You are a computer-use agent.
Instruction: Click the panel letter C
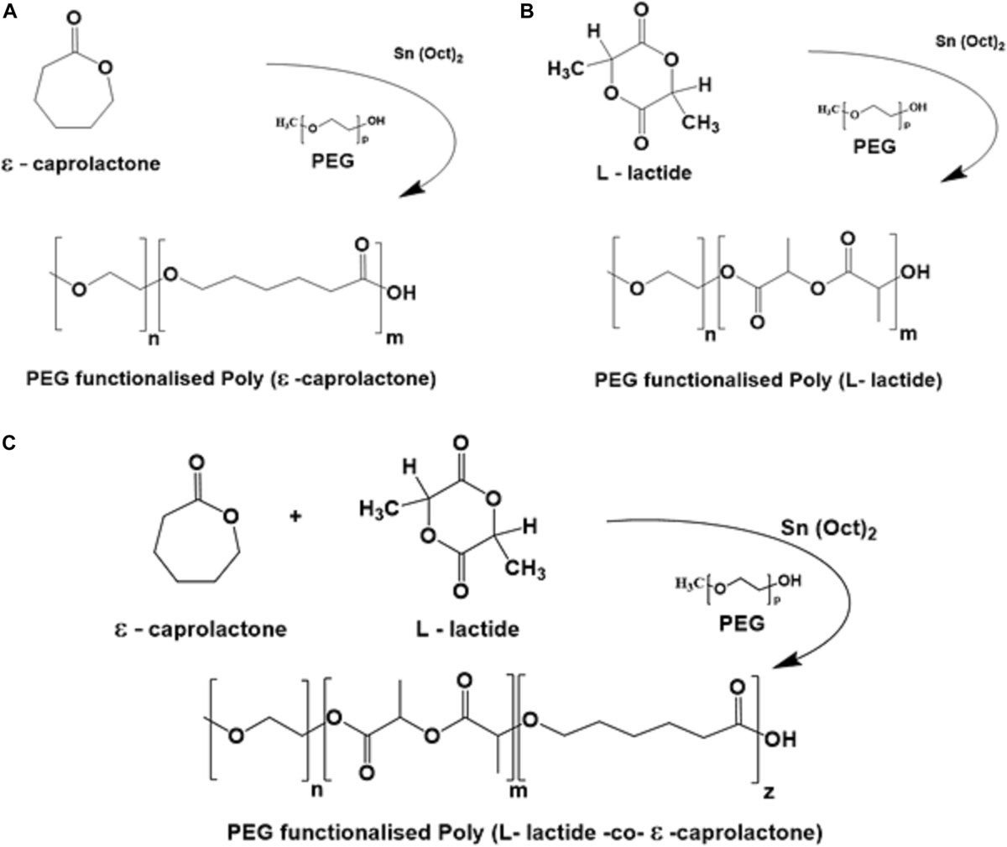tap(8, 442)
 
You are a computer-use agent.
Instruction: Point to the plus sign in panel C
tap(295, 516)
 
